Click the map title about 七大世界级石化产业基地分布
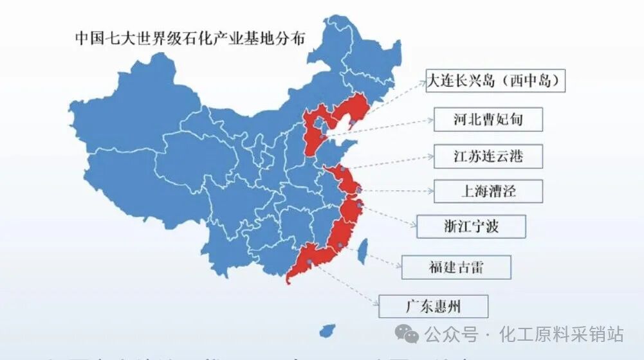(190, 37)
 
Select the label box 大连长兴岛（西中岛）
(495, 81)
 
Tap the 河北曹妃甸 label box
(487, 120)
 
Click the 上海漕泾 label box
(488, 191)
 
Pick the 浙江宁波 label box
(471, 226)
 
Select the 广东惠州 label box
(433, 306)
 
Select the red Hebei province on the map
(313, 138)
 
